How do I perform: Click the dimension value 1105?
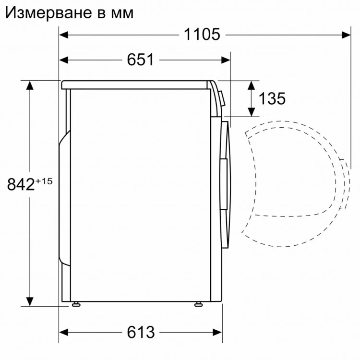201,35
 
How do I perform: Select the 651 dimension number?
140,60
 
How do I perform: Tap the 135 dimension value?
272,98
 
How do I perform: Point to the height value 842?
20,184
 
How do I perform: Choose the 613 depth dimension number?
141,332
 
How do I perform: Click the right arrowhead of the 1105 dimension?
347,35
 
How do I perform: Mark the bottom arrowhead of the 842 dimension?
30,302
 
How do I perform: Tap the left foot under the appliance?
75,304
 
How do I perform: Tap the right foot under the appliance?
198,304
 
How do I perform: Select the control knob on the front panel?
221,98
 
